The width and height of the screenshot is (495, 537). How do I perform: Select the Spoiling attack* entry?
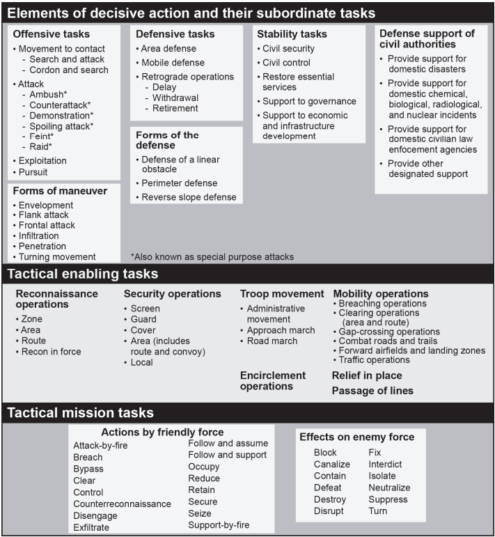(61, 126)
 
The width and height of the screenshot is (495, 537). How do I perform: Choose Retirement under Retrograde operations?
(175, 108)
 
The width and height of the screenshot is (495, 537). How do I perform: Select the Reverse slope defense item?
(189, 197)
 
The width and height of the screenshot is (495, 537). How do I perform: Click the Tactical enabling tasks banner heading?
(82, 274)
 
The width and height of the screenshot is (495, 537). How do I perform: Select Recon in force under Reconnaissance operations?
(51, 352)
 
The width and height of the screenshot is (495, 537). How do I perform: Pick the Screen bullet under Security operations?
(145, 309)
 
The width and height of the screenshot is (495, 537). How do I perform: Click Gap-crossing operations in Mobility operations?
(388, 332)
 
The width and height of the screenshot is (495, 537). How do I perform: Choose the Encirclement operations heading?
(273, 380)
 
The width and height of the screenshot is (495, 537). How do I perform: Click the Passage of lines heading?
(372, 391)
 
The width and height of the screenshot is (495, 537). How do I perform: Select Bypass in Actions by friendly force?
(88, 469)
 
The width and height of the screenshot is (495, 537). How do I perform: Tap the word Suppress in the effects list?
(388, 499)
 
